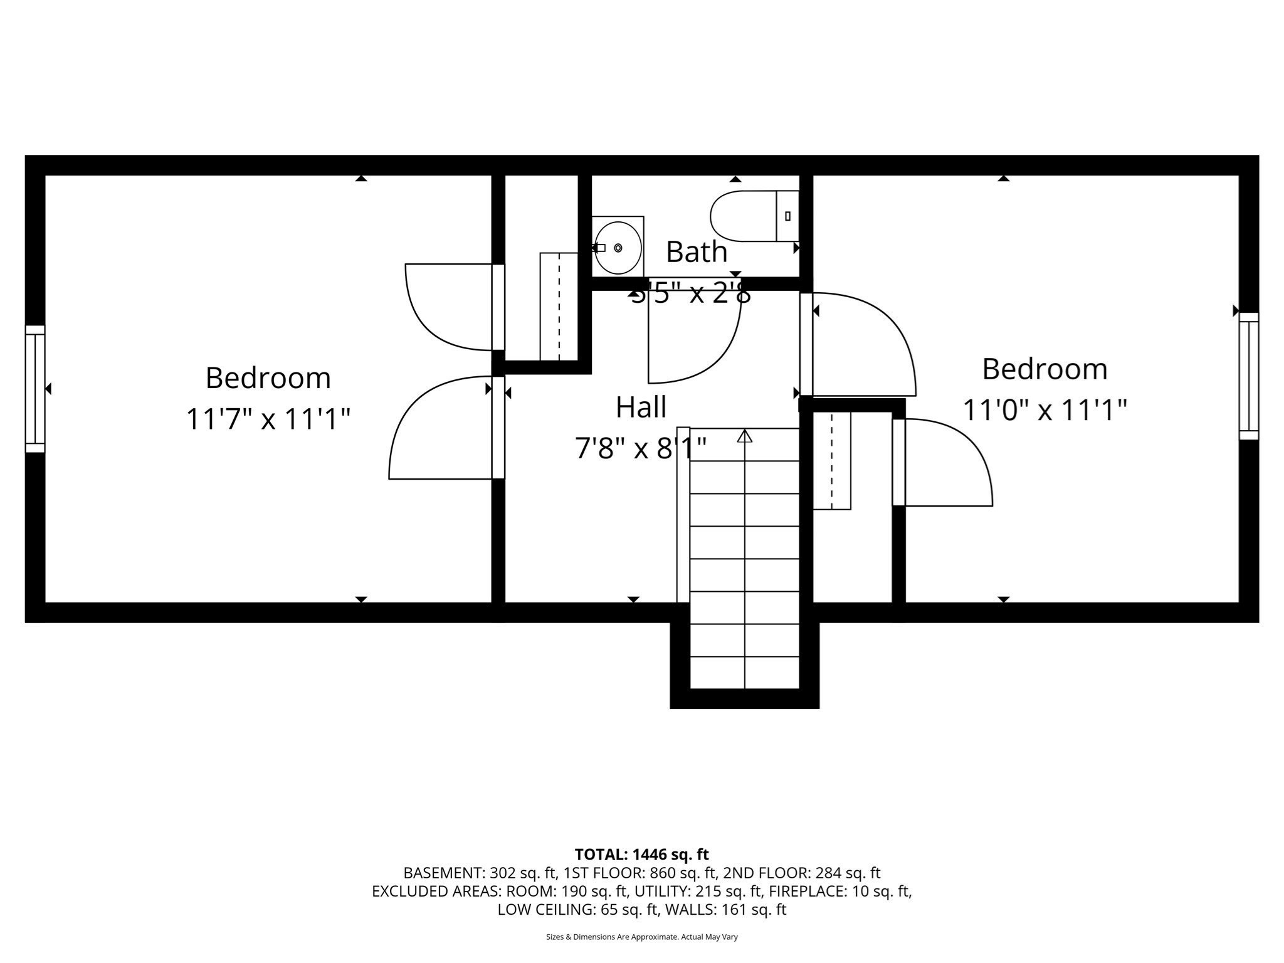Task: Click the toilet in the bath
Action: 746,216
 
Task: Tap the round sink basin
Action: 618,248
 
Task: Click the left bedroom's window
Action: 35,389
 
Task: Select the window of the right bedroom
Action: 1248,376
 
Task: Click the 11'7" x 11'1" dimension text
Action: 268,419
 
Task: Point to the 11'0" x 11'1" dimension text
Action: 1045,410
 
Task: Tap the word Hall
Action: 641,408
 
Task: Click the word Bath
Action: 696,252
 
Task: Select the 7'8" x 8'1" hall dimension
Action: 641,448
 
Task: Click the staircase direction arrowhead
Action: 745,436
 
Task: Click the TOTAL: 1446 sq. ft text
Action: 641,855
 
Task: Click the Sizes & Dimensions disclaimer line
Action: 641,937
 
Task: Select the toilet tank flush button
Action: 787,216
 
